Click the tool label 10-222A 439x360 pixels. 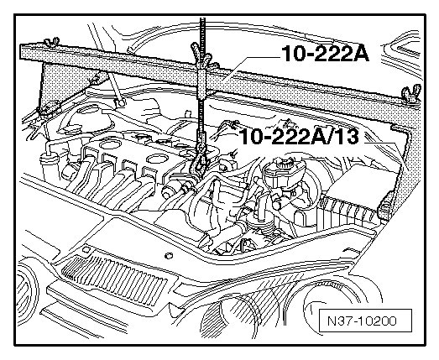[x=326, y=53]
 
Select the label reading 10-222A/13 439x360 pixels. [x=299, y=137]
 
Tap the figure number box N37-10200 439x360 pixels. [x=365, y=321]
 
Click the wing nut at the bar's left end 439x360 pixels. [x=52, y=41]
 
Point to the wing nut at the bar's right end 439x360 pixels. [x=410, y=94]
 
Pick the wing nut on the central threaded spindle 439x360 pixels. [x=201, y=55]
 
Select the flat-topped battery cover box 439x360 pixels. [x=361, y=181]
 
